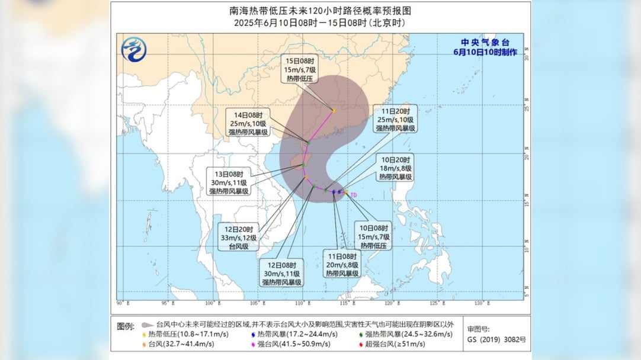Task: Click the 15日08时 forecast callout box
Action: click(x=301, y=69)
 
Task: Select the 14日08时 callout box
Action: click(x=250, y=123)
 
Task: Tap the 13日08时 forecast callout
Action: click(x=228, y=182)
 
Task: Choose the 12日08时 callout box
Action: click(x=283, y=273)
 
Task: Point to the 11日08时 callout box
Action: click(x=342, y=264)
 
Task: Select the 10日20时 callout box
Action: click(x=396, y=168)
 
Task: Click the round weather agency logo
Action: click(x=134, y=49)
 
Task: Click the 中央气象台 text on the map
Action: click(x=485, y=43)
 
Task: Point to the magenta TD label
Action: click(x=354, y=195)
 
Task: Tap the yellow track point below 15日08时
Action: click(x=334, y=111)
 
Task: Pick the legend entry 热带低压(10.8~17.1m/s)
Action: click(x=178, y=334)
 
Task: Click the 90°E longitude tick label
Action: click(x=120, y=304)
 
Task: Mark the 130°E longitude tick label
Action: click(x=480, y=304)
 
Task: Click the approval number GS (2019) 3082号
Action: click(x=496, y=339)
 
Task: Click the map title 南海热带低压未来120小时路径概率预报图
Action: click(x=320, y=11)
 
